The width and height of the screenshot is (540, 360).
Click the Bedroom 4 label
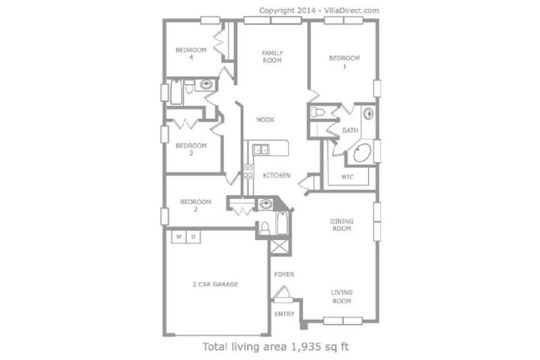(x=190, y=53)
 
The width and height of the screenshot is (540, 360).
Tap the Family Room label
(x=272, y=56)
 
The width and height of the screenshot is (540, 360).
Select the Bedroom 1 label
(x=344, y=62)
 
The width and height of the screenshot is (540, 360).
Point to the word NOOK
(x=265, y=119)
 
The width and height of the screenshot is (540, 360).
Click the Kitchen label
(x=276, y=175)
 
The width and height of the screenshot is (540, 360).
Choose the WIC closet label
(x=347, y=177)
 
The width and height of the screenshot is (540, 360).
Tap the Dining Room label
(x=342, y=224)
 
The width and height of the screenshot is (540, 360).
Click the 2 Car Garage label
(x=215, y=284)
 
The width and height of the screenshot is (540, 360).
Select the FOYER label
(x=284, y=274)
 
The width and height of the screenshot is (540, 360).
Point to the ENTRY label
(x=284, y=313)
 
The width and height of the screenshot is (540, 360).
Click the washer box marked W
(x=178, y=237)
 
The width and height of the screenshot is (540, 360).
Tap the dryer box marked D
(x=193, y=237)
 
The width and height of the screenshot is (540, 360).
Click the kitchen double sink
(x=261, y=150)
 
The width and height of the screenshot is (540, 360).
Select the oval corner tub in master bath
(x=362, y=153)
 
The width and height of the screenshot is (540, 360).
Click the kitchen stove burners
(x=248, y=172)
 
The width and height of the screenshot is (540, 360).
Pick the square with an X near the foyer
(x=279, y=247)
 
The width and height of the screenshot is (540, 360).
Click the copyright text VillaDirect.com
(x=351, y=10)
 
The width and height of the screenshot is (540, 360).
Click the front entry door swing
(x=282, y=293)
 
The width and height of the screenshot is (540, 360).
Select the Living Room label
(x=342, y=296)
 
